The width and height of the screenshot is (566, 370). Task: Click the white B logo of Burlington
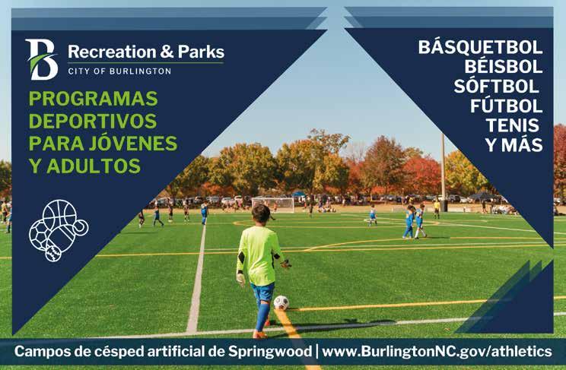42,59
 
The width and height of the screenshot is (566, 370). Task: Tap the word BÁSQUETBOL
481,47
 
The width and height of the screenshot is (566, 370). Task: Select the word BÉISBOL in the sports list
503,67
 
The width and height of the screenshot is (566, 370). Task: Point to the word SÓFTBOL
496,86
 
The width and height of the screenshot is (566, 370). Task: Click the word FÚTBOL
507,106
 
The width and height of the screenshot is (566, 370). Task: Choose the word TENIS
512,125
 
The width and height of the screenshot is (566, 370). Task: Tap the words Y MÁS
514,144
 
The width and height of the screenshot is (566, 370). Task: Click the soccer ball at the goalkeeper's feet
281,302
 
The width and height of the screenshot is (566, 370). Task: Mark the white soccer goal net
273,204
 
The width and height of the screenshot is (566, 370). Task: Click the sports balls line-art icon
59,230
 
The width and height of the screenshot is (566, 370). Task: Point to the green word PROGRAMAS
93,99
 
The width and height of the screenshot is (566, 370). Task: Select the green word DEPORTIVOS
93,121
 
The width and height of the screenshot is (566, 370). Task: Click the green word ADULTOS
94,166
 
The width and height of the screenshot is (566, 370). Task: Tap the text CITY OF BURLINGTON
119,71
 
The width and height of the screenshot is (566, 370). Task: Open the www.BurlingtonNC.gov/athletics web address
437,351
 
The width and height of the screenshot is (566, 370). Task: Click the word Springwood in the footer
270,352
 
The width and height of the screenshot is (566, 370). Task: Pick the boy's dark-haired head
261,213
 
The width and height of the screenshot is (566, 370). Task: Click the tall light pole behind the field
443,172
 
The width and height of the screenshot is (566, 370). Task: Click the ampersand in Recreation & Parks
167,52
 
